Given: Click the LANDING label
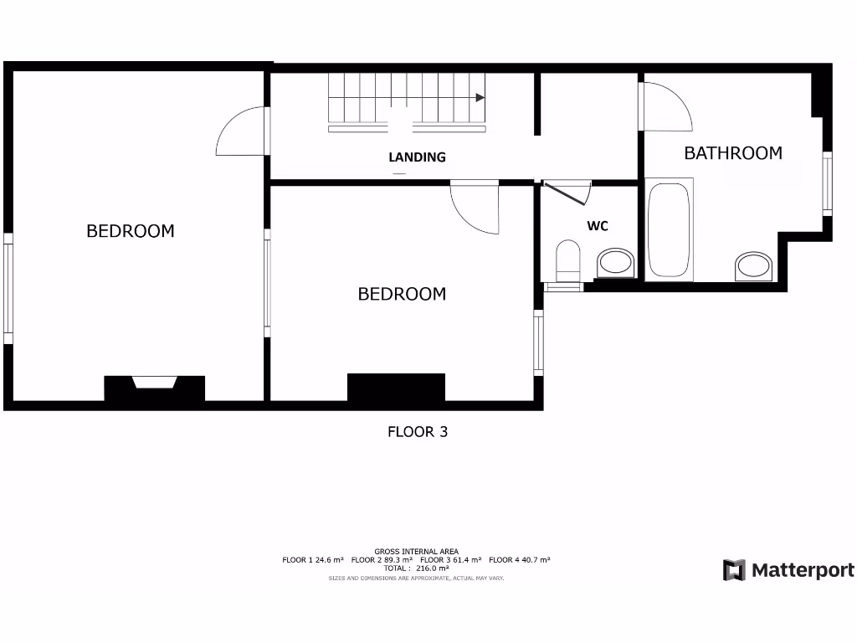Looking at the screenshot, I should tap(417, 157).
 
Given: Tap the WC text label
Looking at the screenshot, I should tap(597, 226).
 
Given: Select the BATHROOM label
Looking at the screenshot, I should tap(732, 153).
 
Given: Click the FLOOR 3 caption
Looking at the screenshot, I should tap(418, 432).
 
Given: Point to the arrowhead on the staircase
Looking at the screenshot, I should tap(480, 98).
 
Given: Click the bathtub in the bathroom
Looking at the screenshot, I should tap(670, 230).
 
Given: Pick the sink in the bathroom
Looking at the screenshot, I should tap(755, 266).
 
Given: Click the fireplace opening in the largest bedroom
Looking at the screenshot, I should tap(155, 383).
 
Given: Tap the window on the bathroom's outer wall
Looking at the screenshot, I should tap(827, 183).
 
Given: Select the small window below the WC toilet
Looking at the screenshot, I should tap(563, 286).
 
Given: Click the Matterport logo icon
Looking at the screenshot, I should tap(734, 570).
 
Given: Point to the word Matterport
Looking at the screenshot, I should tap(803, 570).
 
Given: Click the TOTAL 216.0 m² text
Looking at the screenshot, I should tap(416, 568).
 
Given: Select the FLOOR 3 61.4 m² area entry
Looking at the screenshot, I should tap(450, 559).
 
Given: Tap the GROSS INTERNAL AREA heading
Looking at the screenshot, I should tap(416, 551).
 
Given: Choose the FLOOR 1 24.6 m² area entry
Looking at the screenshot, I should tap(313, 559).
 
